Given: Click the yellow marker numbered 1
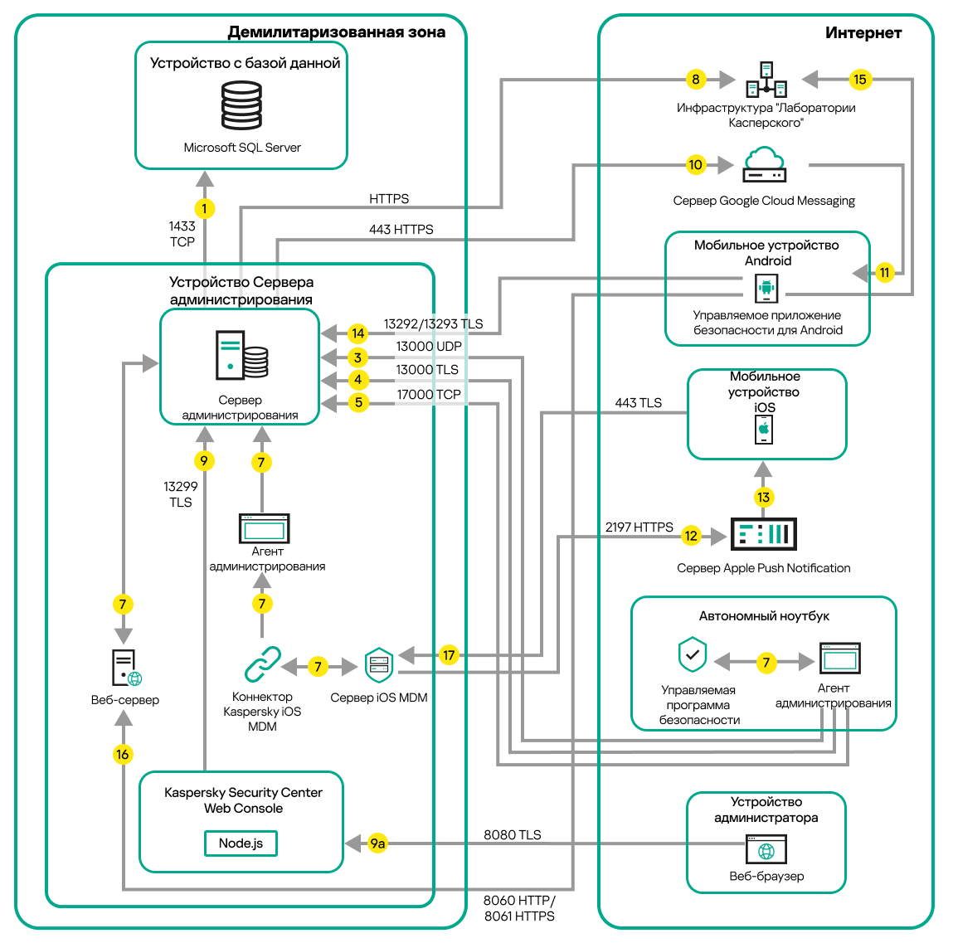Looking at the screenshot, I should click(204, 209).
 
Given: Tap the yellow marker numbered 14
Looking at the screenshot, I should click(357, 333).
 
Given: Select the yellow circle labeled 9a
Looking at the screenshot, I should click(377, 843).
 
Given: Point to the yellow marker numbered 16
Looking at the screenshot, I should click(123, 754).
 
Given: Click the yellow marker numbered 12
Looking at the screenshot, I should click(691, 536).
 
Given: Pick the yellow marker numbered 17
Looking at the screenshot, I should click(449, 655).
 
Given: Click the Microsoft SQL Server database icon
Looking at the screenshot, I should click(241, 105).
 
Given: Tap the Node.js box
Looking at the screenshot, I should click(241, 843).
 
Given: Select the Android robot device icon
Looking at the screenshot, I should click(766, 289).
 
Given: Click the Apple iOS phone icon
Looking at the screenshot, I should click(764, 430).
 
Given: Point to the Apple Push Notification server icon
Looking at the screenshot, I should click(763, 534).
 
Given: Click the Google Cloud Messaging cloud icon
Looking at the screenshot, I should click(764, 164).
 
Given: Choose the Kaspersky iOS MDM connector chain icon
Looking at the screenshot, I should click(263, 664).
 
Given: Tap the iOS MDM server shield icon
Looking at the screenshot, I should click(379, 665).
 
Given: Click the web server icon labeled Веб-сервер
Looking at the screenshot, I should click(125, 668).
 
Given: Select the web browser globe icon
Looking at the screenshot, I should click(766, 850).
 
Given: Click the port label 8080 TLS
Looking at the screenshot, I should click(513, 835).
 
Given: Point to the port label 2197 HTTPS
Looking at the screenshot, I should click(639, 527).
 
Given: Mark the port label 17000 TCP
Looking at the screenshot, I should click(428, 395).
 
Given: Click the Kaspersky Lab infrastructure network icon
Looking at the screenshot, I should click(766, 80).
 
